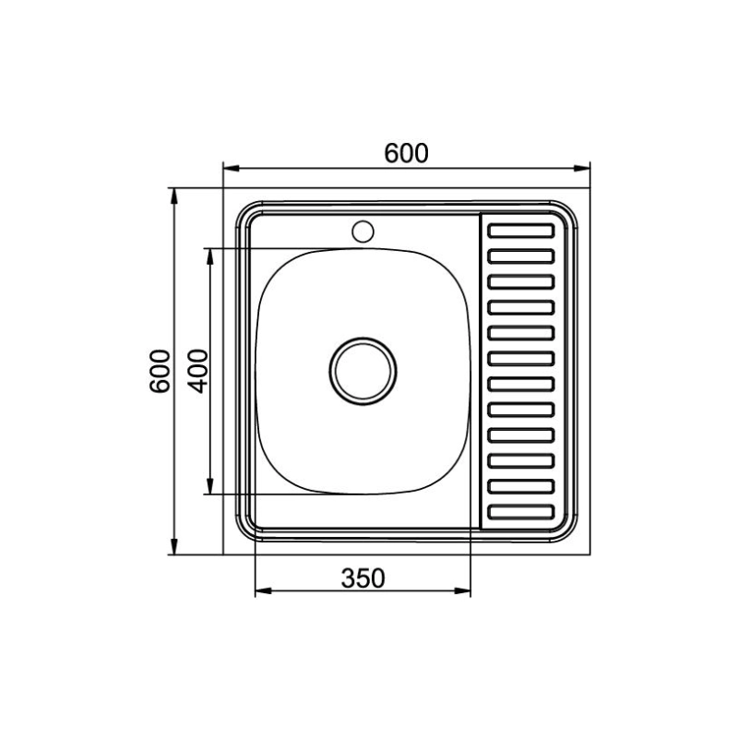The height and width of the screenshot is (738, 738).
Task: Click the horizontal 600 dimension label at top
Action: click(x=406, y=153)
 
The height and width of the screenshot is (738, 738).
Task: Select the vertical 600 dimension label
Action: click(x=160, y=372)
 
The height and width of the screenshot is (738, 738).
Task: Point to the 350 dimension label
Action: click(x=363, y=578)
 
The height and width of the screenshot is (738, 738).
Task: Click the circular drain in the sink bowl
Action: click(x=363, y=371)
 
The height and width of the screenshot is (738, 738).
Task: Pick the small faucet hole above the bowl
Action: click(x=363, y=232)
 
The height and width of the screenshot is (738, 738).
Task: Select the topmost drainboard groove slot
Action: click(x=521, y=232)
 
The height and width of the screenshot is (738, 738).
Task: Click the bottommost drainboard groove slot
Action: click(x=521, y=512)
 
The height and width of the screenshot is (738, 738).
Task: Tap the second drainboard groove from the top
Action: click(x=521, y=256)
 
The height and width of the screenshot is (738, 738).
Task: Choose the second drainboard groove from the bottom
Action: click(x=521, y=486)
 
